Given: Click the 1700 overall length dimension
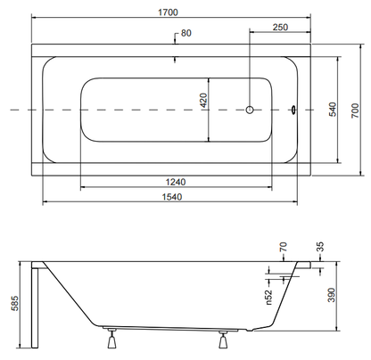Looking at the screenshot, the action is (x=168, y=12).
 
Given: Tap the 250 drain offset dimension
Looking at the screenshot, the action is (x=280, y=28).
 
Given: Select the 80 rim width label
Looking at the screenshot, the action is (x=186, y=33).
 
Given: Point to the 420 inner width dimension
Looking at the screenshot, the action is (x=203, y=101).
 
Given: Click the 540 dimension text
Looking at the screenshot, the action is (x=333, y=110).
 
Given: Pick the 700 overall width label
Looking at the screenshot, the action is (x=355, y=110).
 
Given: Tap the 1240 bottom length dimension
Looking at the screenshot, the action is (x=176, y=182).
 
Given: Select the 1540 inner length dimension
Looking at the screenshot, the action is (x=172, y=197).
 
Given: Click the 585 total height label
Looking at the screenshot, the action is (x=15, y=303).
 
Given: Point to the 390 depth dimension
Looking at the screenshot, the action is (x=332, y=295).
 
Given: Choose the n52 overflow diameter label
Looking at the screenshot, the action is (x=268, y=297).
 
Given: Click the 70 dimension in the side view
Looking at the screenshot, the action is (x=284, y=247).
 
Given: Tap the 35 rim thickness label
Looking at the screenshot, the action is (x=320, y=247).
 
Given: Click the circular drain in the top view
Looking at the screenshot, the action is (x=250, y=110).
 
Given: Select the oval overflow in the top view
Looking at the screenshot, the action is (x=293, y=110).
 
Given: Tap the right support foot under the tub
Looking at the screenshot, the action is (x=223, y=340).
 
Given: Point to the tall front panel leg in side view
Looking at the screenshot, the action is (x=35, y=307).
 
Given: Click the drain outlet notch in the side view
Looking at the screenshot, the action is (x=251, y=330).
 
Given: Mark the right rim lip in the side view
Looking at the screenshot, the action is (x=304, y=265).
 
